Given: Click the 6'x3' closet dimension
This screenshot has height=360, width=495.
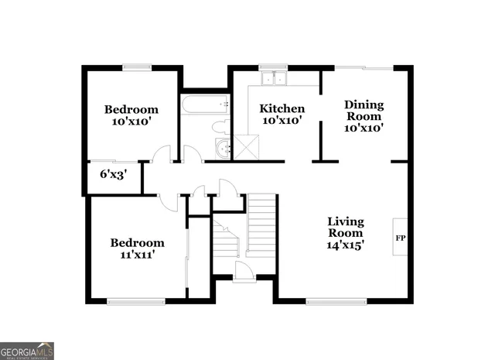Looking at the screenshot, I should (113, 175).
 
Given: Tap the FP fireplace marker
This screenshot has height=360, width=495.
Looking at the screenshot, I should (401, 238).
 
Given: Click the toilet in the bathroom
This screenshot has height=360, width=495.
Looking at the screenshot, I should (220, 126).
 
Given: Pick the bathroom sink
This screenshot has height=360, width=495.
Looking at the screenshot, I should (223, 149).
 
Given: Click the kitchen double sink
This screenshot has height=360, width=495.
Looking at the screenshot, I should (273, 77).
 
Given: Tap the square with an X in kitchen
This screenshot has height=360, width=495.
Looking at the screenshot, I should (248, 146).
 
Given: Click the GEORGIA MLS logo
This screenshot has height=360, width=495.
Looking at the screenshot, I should (27, 351).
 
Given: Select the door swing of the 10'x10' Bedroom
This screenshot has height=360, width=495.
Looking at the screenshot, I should (162, 154).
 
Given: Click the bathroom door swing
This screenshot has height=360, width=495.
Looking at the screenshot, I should (192, 154).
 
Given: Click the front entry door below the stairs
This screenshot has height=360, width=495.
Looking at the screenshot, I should (244, 270).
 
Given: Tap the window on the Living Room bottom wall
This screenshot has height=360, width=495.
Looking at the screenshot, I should (329, 300).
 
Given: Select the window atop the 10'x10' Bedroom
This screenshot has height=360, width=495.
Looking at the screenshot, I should (136, 67).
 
